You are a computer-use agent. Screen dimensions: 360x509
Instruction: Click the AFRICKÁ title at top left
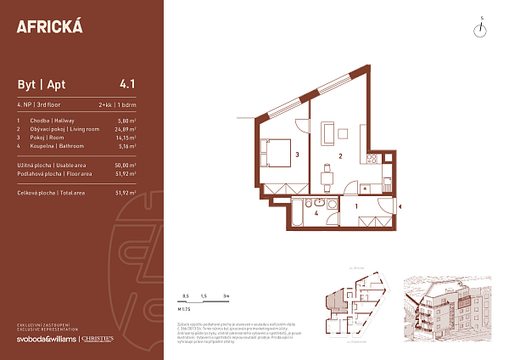coord(50,25)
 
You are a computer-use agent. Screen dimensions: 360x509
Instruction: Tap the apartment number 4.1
coord(128,84)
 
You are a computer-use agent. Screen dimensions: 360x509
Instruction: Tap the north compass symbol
coord(480,30)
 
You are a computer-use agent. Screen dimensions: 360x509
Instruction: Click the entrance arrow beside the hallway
coord(401,206)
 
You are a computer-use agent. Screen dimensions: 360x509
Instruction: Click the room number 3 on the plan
coord(297,155)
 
